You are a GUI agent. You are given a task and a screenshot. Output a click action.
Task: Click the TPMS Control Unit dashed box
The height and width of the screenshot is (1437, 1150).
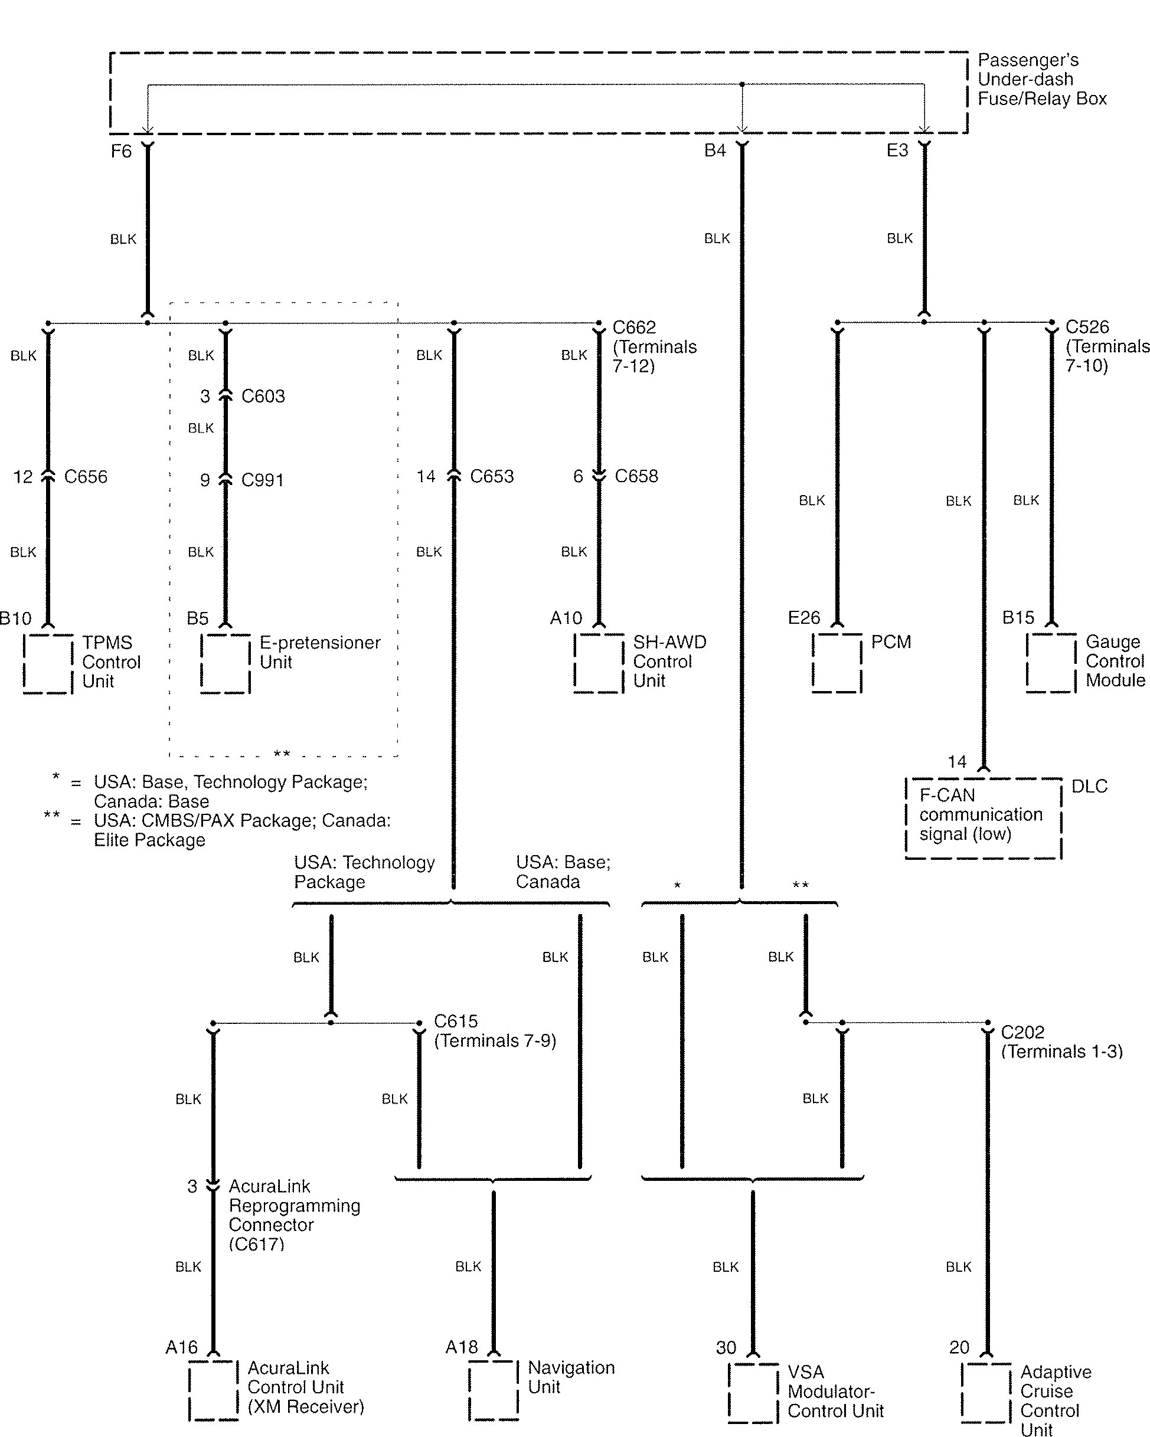[48, 664]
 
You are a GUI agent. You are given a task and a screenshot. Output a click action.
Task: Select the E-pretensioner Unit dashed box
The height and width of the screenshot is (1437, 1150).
[226, 664]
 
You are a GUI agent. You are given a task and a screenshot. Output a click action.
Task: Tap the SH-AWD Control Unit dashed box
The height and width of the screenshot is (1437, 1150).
[599, 663]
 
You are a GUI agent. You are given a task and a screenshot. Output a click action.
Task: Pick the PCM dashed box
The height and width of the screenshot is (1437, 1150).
[837, 663]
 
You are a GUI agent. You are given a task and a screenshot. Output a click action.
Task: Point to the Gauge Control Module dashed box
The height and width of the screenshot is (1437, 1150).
[1051, 663]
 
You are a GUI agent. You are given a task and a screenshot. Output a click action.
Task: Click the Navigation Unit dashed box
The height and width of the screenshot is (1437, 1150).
[494, 1390]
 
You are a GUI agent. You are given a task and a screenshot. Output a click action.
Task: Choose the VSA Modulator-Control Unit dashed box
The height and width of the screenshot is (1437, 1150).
[753, 1393]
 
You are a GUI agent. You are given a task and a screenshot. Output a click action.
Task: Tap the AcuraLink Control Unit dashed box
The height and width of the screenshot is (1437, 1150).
[213, 1390]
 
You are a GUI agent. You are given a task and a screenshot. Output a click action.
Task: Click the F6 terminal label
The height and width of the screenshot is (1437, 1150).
[122, 151]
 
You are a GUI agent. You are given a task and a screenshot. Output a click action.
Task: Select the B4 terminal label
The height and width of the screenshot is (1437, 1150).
[715, 150]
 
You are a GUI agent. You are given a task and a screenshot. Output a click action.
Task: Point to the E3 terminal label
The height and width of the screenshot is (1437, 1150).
[897, 150]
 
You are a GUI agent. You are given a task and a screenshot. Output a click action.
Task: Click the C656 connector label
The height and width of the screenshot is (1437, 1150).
[86, 477]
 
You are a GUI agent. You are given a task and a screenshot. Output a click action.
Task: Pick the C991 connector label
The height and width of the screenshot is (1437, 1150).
[263, 480]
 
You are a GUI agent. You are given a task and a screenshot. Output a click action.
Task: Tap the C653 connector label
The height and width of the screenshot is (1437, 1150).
[492, 477]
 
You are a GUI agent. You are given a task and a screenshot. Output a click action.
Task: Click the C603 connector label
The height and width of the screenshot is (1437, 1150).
[263, 397]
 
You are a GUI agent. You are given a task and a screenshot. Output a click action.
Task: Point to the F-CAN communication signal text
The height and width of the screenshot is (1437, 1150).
[980, 814]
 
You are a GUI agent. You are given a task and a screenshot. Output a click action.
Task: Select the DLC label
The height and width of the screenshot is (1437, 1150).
[1089, 787]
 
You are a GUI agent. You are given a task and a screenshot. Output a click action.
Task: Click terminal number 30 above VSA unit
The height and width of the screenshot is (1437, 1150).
[726, 1348]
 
